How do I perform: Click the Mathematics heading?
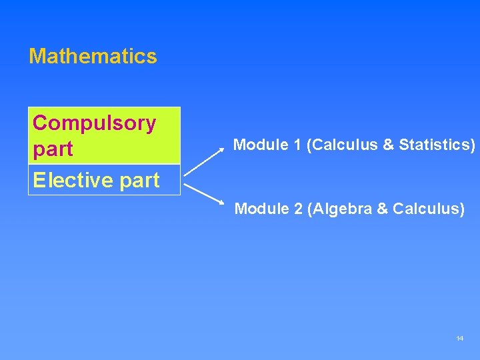(x=93, y=56)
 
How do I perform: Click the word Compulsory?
(x=94, y=123)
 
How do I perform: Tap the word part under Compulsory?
(x=53, y=149)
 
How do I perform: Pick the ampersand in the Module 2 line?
(x=382, y=209)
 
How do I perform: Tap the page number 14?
(x=459, y=339)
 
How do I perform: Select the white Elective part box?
(x=104, y=180)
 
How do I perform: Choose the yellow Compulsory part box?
(x=104, y=135)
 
